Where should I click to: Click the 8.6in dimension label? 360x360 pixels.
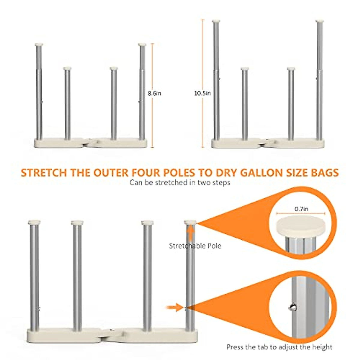tap(154, 93)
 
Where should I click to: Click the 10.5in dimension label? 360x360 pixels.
tap(202, 93)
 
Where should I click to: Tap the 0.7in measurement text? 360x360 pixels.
tap(301, 209)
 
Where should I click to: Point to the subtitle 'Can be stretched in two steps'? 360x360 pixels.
tap(180, 182)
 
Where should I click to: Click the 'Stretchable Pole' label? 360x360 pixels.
tap(195, 246)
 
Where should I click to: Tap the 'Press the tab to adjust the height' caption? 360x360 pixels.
tap(279, 347)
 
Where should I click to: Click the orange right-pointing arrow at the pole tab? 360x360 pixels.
tap(175, 307)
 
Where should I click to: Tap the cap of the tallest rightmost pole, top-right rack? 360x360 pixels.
tap(320, 22)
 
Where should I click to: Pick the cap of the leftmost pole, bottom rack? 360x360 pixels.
tap(34, 223)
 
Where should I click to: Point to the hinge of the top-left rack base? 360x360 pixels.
tap(87, 142)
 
